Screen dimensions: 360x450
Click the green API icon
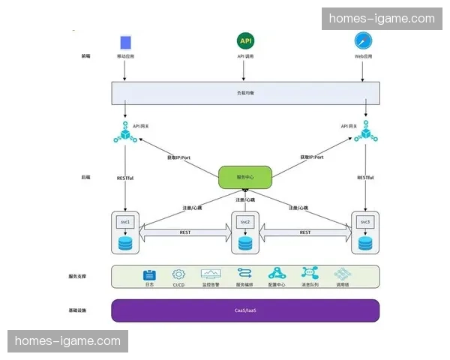[x=244, y=40]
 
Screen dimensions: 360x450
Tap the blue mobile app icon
[x=125, y=41]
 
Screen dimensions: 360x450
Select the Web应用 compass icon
[x=364, y=40]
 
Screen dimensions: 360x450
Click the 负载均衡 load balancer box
[x=244, y=92]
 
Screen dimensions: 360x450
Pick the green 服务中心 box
[x=244, y=177]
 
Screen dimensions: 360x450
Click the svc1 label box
[x=125, y=223]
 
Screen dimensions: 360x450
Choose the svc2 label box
[x=244, y=223]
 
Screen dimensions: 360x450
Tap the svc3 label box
[x=365, y=223]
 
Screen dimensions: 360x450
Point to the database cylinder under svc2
[x=244, y=244]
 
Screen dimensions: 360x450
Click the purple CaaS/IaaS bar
[x=244, y=310]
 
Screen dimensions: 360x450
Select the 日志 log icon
[x=149, y=274]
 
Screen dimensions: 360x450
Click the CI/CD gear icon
[x=178, y=274]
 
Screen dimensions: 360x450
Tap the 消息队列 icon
[x=310, y=274]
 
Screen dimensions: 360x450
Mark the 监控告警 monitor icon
[x=211, y=274]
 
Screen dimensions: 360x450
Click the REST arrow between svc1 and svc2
[x=185, y=233]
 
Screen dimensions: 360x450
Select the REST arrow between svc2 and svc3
[x=305, y=233]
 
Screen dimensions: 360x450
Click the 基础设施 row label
[x=78, y=310]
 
